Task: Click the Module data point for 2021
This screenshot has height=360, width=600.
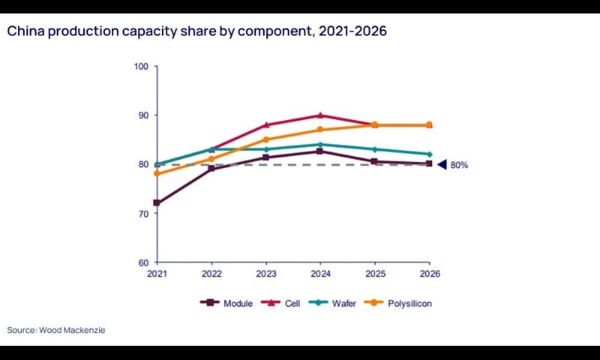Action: point(157,203)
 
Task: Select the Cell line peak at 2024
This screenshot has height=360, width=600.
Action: point(320,115)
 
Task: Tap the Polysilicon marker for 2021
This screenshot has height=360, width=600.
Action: point(157,173)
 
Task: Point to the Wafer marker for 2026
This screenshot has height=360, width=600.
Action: point(429,154)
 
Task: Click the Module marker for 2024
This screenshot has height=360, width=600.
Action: point(320,151)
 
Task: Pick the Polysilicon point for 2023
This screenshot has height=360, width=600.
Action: point(266,139)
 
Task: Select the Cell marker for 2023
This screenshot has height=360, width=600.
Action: point(266,124)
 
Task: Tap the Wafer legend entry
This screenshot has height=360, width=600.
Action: point(339,303)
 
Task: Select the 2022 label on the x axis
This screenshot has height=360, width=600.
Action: point(211,274)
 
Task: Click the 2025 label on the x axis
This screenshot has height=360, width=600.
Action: point(374,274)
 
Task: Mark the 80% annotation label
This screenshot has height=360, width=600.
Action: point(459,165)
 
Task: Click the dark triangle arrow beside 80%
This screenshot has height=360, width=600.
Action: point(442,164)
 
